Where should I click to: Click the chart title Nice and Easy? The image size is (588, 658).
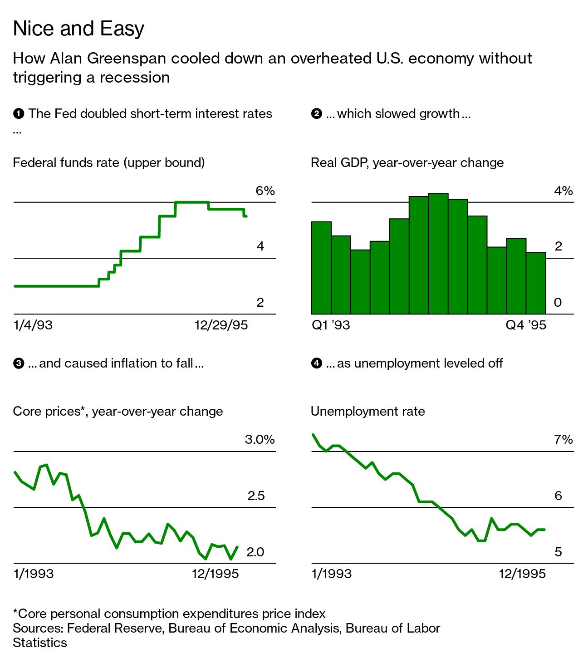[78, 29]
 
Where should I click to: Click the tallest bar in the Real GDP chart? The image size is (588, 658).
[438, 254]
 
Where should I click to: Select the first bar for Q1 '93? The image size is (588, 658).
[321, 268]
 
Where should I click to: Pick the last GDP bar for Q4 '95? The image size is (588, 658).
[536, 283]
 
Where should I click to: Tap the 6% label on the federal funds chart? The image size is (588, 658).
[265, 191]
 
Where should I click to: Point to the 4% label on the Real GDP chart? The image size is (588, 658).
[563, 191]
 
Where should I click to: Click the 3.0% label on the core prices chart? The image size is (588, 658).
[260, 440]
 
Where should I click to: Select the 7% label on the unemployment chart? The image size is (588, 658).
[563, 440]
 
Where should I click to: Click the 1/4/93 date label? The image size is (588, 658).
[33, 325]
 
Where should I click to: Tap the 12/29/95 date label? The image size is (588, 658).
[221, 325]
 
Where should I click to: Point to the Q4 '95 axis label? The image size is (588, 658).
[526, 325]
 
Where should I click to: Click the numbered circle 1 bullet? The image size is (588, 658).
[19, 113]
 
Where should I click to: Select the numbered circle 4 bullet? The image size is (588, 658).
[316, 363]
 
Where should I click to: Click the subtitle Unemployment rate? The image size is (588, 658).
[367, 411]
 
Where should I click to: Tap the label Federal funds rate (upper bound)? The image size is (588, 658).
[109, 162]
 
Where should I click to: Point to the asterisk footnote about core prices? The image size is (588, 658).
[169, 614]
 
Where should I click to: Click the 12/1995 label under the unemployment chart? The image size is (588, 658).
[522, 574]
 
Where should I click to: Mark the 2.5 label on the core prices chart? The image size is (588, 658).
[256, 496]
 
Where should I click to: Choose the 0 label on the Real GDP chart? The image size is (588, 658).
[558, 303]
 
